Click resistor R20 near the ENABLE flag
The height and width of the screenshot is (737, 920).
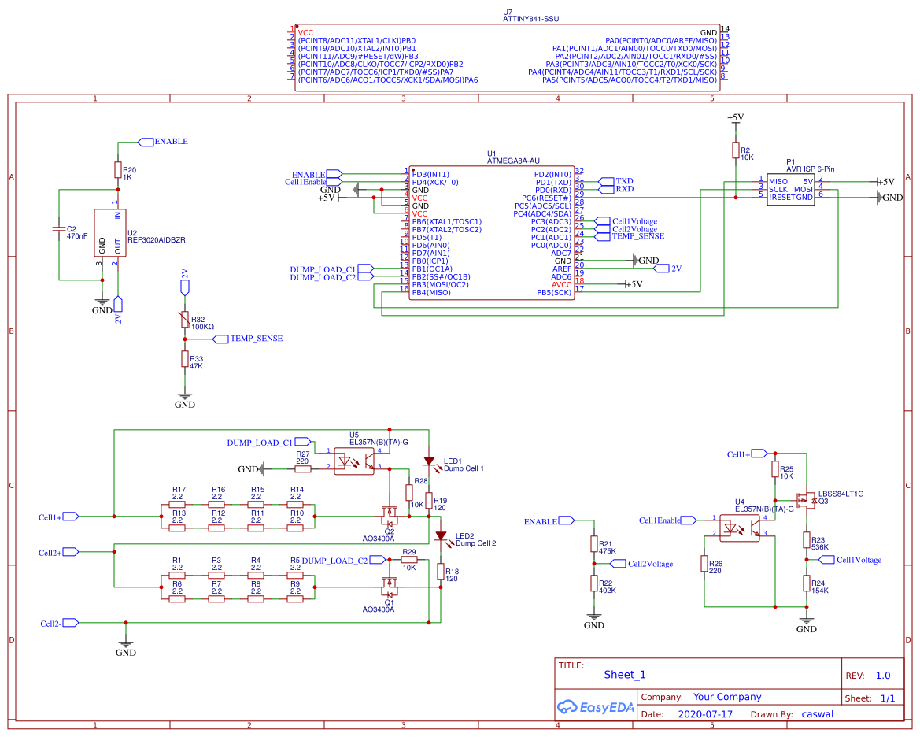[x=118, y=170]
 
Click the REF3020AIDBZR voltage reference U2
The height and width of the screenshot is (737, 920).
[x=110, y=233]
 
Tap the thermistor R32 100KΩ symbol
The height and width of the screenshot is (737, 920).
[x=185, y=319]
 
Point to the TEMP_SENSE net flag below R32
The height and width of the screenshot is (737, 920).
[x=251, y=339]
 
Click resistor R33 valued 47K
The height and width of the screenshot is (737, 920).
[x=185, y=359]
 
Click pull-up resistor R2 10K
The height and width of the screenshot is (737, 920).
[x=736, y=150]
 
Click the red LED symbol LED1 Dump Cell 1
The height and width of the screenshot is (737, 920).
[x=429, y=461]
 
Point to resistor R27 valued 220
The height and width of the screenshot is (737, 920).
[x=303, y=469]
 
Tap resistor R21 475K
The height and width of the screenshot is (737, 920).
[x=594, y=544]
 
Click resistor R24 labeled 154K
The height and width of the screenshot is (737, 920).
[x=807, y=583]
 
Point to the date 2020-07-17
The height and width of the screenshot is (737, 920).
[x=705, y=715]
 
